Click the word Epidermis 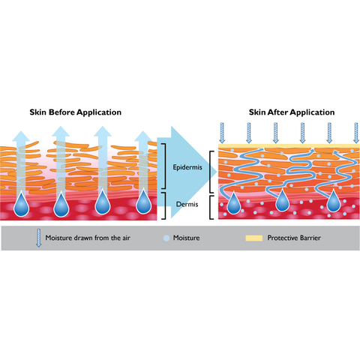click(x=187, y=167)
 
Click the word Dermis click(x=187, y=204)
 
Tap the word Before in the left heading click(x=62, y=112)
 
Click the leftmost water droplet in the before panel click(x=22, y=205)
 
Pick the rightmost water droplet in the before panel click(x=143, y=202)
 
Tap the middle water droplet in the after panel click(x=283, y=201)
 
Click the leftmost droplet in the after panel click(x=234, y=204)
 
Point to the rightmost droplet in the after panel click(x=334, y=202)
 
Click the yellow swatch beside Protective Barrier click(x=254, y=238)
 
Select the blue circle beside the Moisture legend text click(x=166, y=238)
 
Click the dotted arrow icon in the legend click(x=38, y=238)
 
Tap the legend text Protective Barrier click(x=294, y=238)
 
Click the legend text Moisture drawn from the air click(x=88, y=238)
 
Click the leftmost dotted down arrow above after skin click(x=222, y=133)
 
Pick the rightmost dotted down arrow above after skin click(x=356, y=133)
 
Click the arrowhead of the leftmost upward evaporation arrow click(x=21, y=136)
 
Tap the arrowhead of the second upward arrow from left click(x=61, y=131)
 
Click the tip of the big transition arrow click(x=217, y=172)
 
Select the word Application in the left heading click(x=99, y=112)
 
